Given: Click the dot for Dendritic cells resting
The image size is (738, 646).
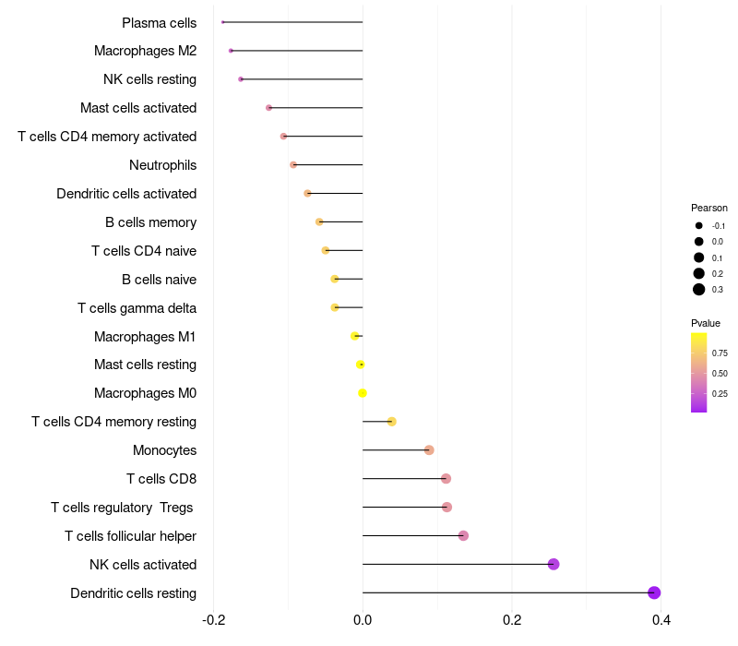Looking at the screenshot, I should pos(654,592).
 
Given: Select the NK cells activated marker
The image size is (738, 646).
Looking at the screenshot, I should pos(553,564).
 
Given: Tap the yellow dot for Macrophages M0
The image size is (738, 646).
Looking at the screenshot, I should pos(363,393).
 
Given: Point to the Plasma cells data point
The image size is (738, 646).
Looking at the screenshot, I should pos(223,22).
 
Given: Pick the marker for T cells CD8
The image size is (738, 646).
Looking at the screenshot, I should pos(446,478).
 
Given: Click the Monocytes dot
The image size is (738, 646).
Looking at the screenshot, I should pos(429,450).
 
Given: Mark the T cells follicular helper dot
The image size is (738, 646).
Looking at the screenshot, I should pos(463,535).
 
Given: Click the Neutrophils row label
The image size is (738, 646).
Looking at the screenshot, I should pos(162,165).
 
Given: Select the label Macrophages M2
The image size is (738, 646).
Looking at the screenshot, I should pos(145,51).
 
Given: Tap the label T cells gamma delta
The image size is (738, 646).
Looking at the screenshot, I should pos(137,307).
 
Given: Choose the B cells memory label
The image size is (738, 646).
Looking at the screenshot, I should pos(150,222).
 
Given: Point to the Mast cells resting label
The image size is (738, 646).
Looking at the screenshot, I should pos(145,365).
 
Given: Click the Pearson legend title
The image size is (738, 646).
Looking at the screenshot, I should pos(708,208).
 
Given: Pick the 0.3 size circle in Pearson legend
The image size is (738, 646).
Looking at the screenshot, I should pos(699,290).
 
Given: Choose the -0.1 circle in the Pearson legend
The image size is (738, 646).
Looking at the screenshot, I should pos(699,226).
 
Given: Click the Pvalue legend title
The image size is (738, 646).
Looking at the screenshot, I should pos(706,323).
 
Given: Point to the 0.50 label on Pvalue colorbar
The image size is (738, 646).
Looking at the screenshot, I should pos(720,374).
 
